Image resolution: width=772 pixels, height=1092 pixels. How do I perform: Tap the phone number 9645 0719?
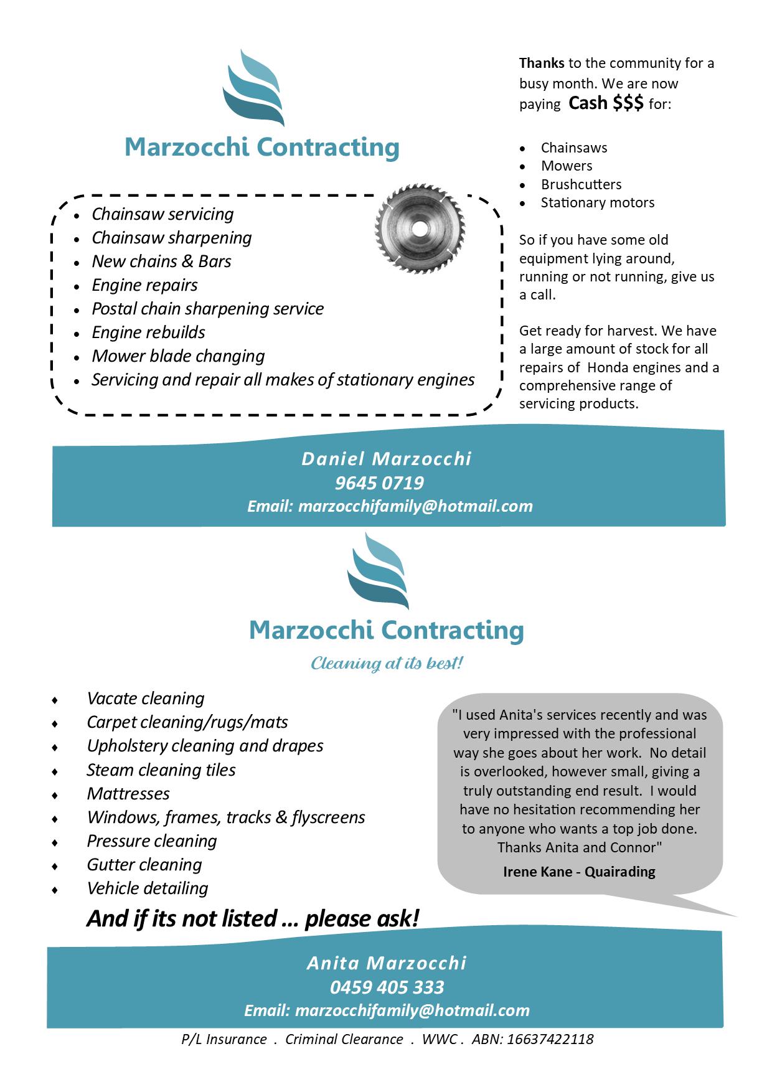(x=379, y=483)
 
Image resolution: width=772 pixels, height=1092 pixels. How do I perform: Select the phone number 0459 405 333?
(x=387, y=987)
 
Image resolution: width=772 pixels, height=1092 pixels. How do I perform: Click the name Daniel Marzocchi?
(x=387, y=459)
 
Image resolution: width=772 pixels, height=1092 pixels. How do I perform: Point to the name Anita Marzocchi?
(x=387, y=963)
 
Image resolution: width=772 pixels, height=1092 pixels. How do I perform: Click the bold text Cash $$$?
(x=606, y=103)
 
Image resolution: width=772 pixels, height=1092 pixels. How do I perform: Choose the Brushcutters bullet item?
(x=581, y=184)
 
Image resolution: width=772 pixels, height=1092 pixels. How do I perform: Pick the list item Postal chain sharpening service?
(x=207, y=309)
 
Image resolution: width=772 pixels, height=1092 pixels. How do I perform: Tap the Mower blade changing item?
(x=178, y=356)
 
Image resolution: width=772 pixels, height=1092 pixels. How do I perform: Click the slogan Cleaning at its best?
(x=387, y=664)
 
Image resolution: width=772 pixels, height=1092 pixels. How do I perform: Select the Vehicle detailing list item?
(x=148, y=888)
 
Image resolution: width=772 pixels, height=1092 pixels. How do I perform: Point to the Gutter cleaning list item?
(x=144, y=865)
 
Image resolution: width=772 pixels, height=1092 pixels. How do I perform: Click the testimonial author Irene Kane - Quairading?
(x=579, y=872)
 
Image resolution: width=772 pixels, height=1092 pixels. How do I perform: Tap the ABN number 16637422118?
(x=550, y=1039)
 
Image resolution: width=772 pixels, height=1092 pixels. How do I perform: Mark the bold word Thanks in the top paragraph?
(x=542, y=63)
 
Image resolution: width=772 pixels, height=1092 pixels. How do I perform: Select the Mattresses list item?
(x=128, y=794)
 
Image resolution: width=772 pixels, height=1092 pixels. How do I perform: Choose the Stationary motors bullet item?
(x=597, y=202)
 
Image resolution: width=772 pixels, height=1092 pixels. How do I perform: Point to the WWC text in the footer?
(x=440, y=1039)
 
